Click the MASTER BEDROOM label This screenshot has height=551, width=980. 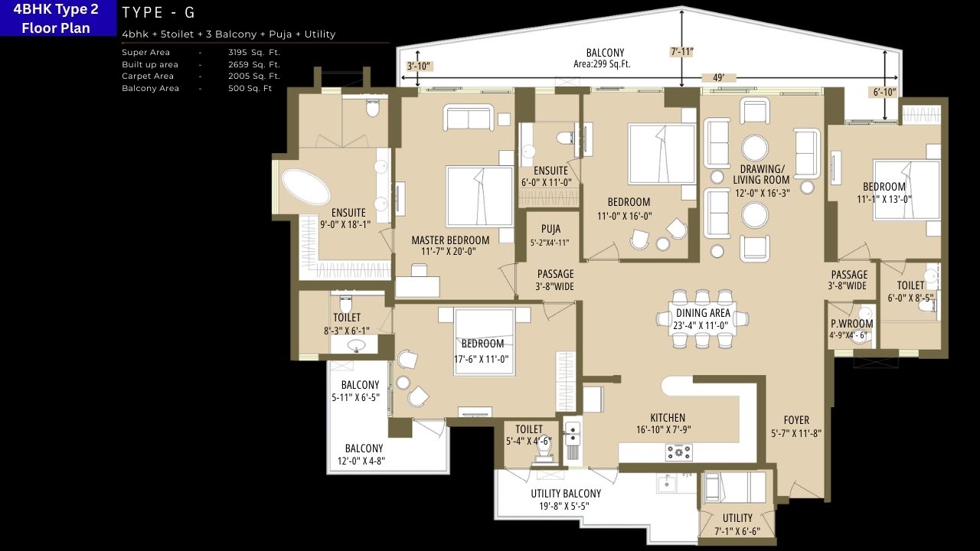(x=450, y=240)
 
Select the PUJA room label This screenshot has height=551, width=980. (x=550, y=229)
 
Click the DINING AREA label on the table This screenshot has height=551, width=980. (x=702, y=313)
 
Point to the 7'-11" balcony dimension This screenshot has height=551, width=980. (x=681, y=52)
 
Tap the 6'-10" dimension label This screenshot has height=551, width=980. (x=884, y=93)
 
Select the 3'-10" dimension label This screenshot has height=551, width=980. (x=420, y=66)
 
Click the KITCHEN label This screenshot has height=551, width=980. (x=668, y=418)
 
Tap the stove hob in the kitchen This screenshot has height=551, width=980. (x=678, y=453)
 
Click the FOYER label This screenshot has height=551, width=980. (x=796, y=420)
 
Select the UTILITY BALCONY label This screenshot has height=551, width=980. (x=566, y=494)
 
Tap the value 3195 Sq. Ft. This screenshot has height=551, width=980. (x=254, y=52)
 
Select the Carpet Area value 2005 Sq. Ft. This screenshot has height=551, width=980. (x=254, y=76)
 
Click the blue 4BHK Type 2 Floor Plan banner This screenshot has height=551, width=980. (x=56, y=18)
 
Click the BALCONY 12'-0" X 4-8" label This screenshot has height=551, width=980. (x=364, y=455)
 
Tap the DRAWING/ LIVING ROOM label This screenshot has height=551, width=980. (x=762, y=174)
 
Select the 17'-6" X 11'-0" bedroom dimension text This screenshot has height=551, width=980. (x=482, y=358)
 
